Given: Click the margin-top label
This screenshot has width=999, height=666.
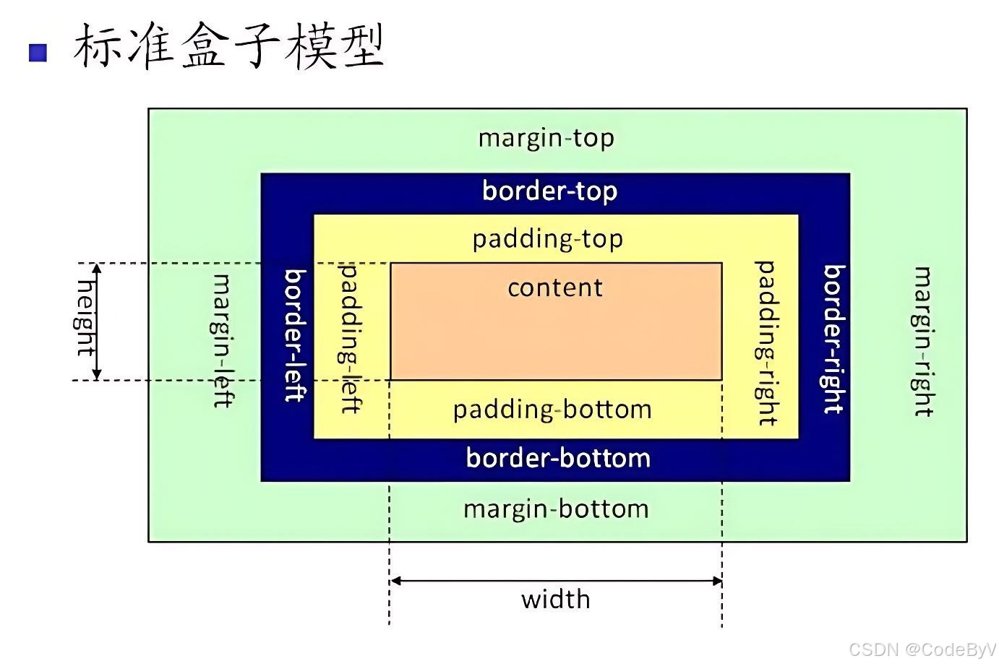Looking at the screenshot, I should [x=546, y=138].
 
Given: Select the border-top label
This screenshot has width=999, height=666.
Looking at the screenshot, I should [x=549, y=191].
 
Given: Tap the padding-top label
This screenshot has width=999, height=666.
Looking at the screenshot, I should [x=547, y=239].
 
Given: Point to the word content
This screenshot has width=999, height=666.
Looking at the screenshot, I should [x=554, y=288].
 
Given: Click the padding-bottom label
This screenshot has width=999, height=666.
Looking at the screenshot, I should [x=552, y=410].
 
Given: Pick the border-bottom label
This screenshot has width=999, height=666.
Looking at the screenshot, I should [x=558, y=458].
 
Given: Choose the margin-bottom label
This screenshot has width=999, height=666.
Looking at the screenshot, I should [x=556, y=509].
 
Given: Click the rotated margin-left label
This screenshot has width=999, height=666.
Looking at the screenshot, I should [x=223, y=341].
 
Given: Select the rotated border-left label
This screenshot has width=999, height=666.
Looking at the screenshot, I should [x=295, y=335].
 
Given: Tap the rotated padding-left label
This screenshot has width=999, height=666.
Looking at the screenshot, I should [x=351, y=338].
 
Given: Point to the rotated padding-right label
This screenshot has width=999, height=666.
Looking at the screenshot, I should [x=766, y=343].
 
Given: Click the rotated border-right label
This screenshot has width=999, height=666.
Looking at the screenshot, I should [x=834, y=339].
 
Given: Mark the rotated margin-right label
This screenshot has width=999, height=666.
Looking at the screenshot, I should [x=923, y=342].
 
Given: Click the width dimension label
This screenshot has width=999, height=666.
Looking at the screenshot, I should [x=555, y=600].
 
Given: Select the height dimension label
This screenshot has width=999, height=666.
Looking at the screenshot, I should [x=85, y=318].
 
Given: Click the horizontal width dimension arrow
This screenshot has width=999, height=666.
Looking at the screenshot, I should [x=555, y=580].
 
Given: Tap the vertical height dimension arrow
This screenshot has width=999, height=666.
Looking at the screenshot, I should [x=98, y=321].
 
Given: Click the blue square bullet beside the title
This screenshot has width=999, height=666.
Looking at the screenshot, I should [x=38, y=52].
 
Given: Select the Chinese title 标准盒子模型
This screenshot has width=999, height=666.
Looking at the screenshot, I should [x=228, y=46].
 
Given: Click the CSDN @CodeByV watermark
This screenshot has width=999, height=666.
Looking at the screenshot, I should [x=922, y=649].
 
